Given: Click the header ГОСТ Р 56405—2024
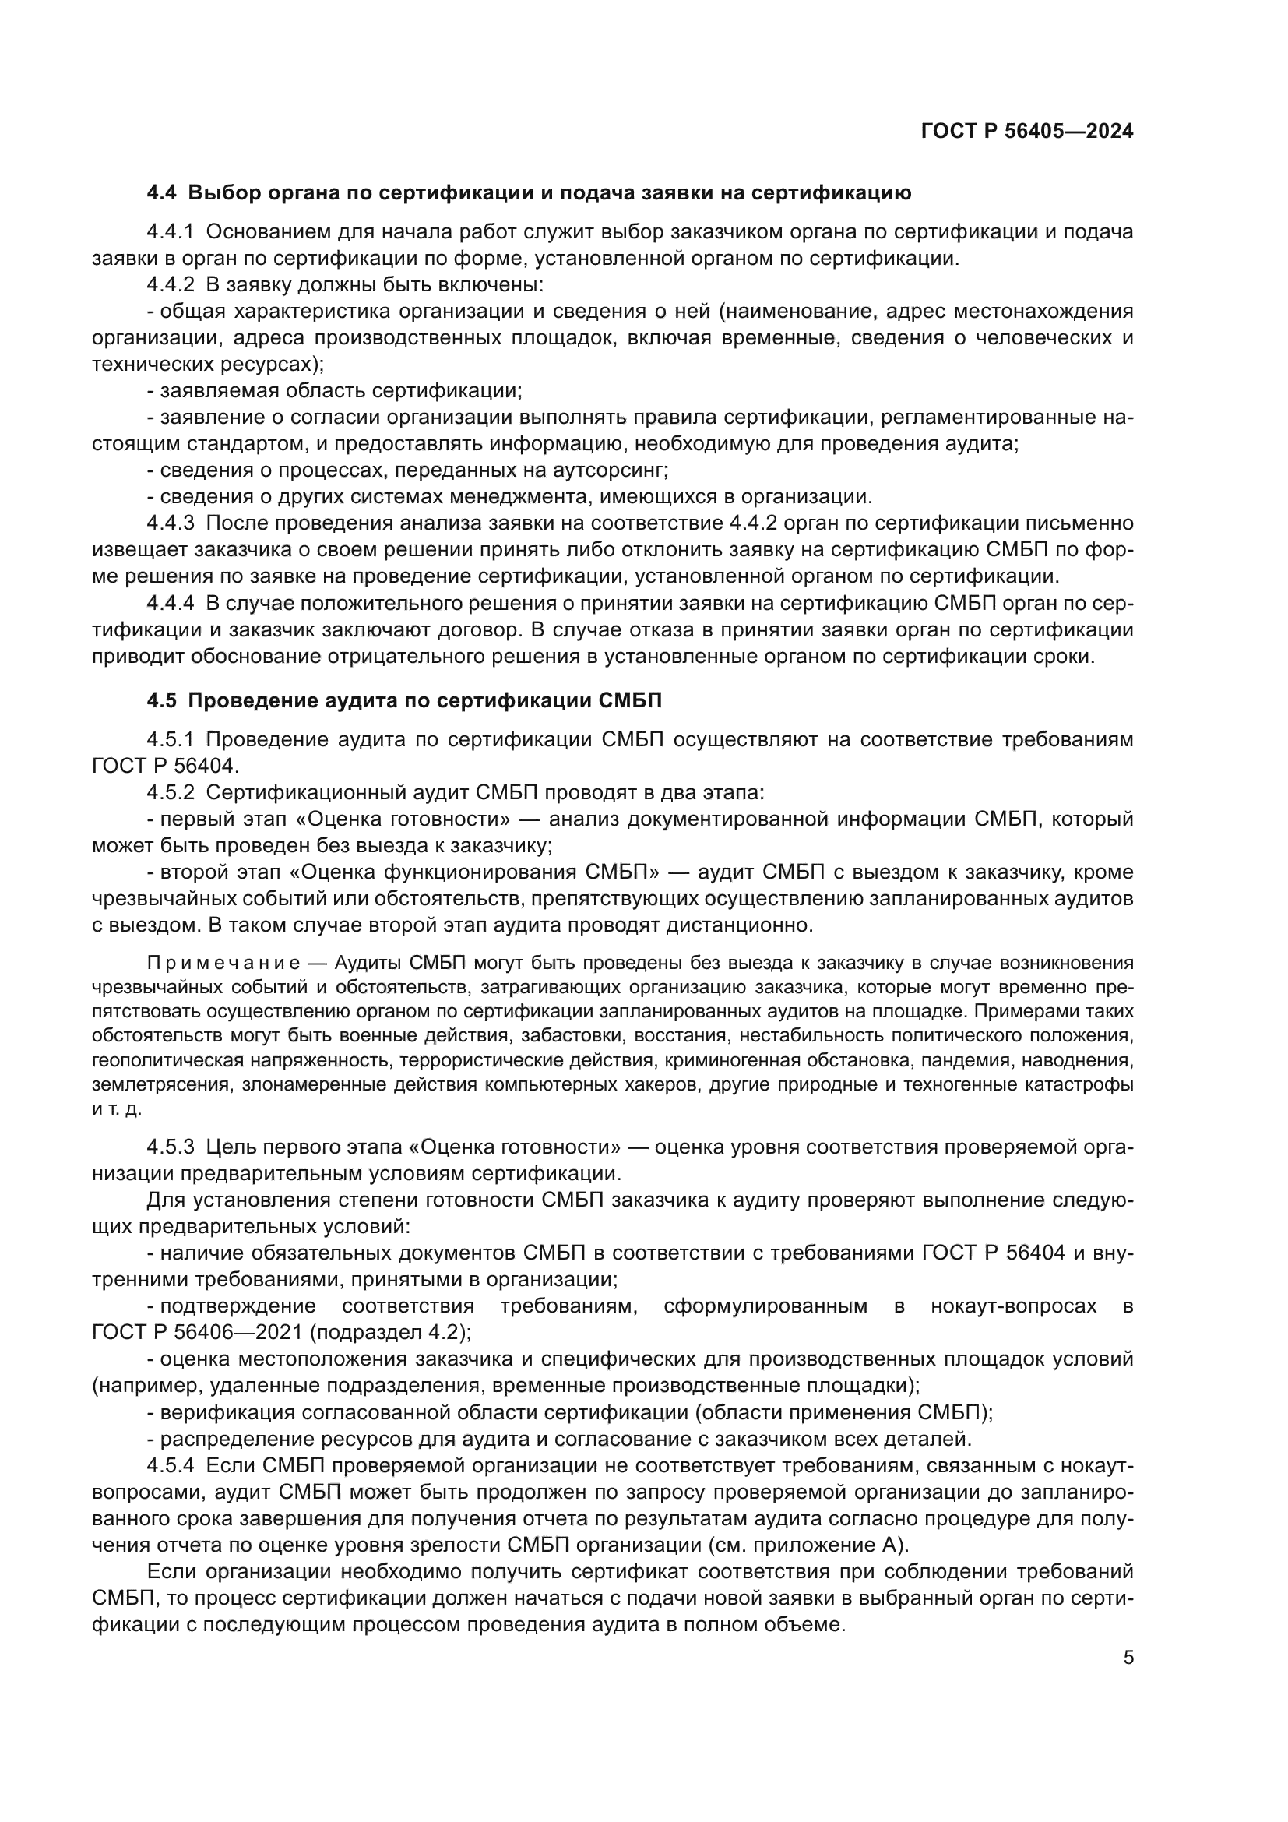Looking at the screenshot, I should (x=1027, y=132).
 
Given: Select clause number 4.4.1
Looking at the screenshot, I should (x=170, y=232).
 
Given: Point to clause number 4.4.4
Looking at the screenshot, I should (x=170, y=604).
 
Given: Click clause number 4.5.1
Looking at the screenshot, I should (x=170, y=739).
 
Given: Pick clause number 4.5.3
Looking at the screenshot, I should (x=170, y=1147).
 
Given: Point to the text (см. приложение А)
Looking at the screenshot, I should (x=829, y=1545).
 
